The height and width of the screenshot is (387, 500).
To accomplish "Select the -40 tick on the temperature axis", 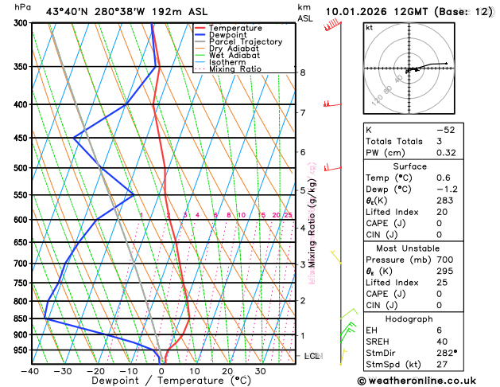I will click(x=31, y=371).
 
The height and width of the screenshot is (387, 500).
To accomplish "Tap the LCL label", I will click(x=312, y=356).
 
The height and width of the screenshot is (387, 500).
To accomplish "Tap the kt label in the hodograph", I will click(x=369, y=28).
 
